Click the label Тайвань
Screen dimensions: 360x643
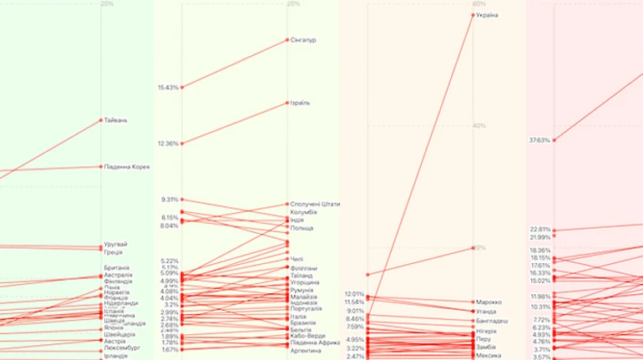coord(115,120)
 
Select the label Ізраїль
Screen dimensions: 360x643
coord(301,103)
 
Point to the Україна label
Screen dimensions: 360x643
coord(489,15)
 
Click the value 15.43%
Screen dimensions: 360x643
coord(168,88)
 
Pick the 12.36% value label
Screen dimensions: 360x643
coord(168,144)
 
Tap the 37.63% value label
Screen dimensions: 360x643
coord(539,140)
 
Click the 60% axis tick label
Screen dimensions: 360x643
coord(479,4)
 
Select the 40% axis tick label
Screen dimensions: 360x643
coord(479,126)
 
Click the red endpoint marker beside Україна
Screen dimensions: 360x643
coord(473,15)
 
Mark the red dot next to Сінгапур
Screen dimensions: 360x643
coord(286,40)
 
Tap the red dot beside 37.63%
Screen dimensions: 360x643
coord(554,140)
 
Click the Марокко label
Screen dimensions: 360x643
coord(491,302)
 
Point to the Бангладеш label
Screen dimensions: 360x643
coord(494,321)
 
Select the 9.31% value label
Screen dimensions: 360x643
coord(170,200)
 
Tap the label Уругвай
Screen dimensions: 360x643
coord(115,244)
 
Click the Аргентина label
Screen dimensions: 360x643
coord(306,351)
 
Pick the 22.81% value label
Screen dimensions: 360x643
coord(539,229)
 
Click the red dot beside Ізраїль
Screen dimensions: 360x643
coord(286,103)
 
